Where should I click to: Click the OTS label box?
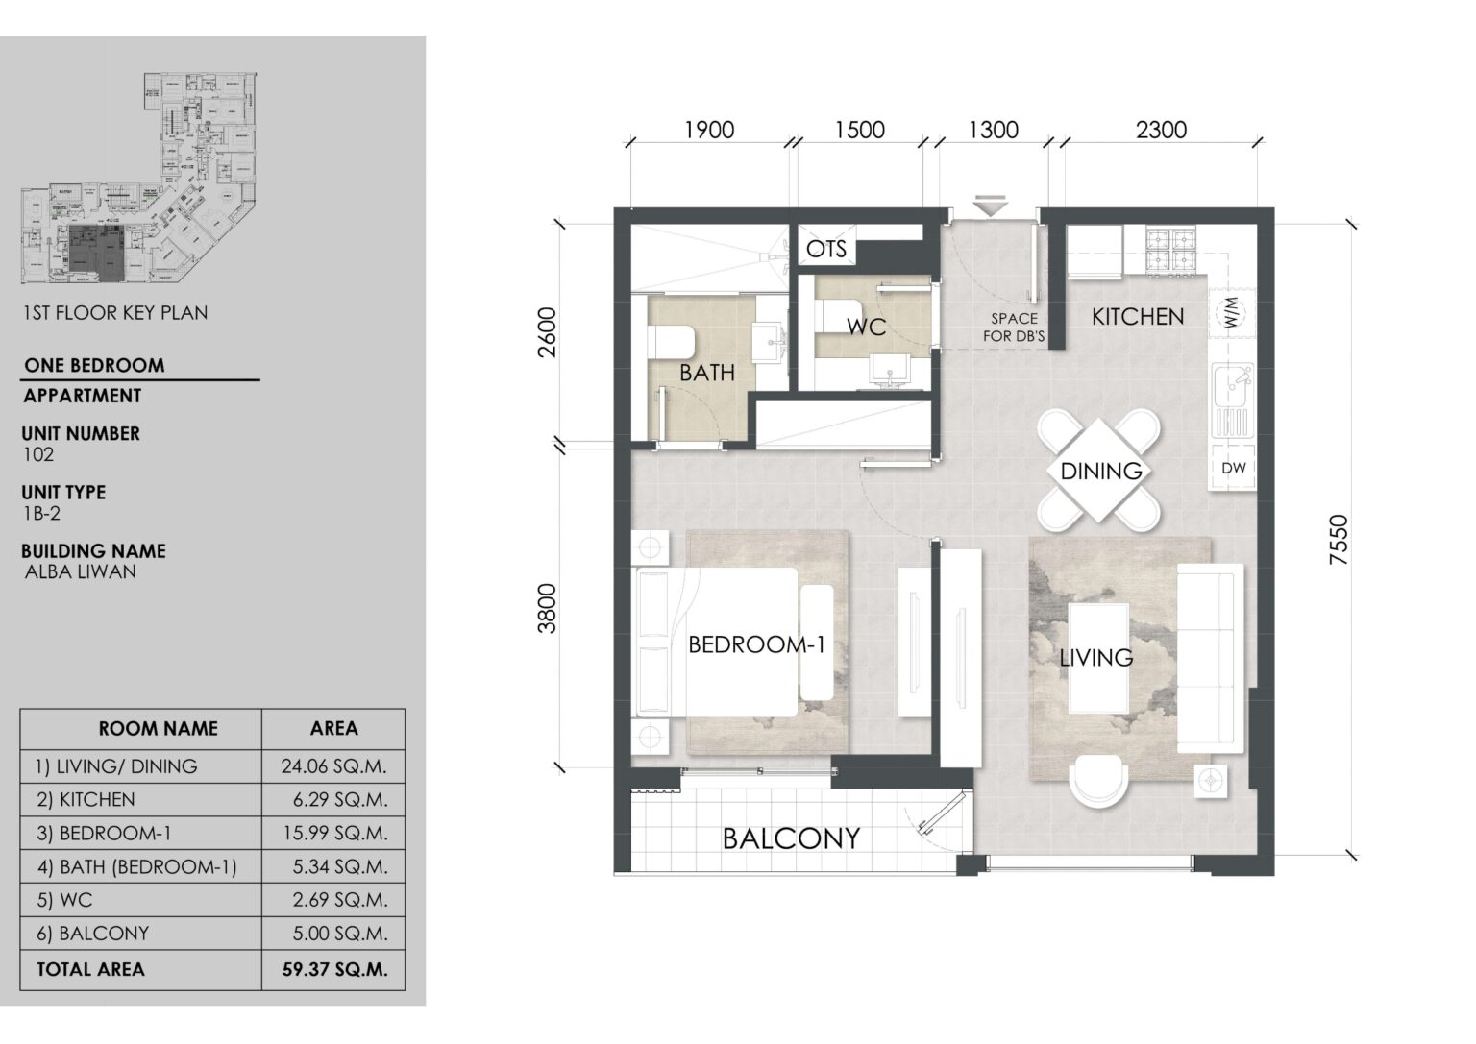(826, 250)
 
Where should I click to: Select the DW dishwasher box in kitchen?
(1234, 469)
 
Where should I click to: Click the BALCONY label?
(791, 838)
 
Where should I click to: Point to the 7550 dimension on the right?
(1339, 541)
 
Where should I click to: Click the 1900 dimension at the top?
(708, 130)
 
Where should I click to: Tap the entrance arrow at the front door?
(989, 206)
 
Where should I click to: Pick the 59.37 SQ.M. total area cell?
(333, 970)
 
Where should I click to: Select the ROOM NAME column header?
(158, 728)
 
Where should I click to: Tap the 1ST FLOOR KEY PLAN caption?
(115, 312)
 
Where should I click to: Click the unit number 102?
(38, 454)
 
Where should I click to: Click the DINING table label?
(1100, 471)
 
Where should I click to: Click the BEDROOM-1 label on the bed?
(756, 644)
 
